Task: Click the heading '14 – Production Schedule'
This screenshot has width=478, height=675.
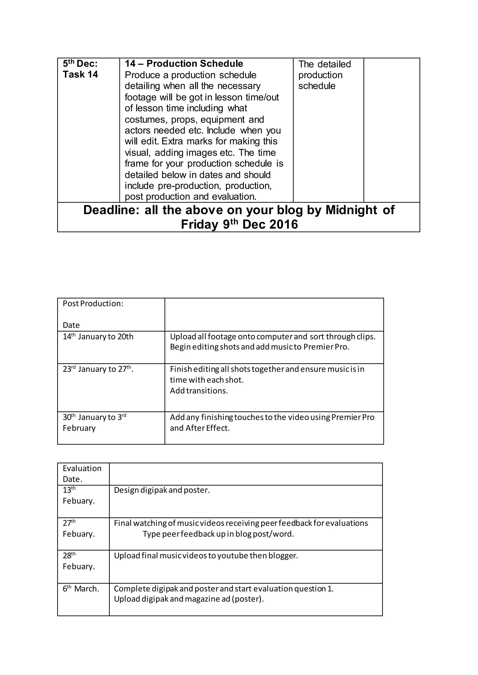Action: click(184, 64)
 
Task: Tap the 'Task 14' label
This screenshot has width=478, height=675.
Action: click(80, 75)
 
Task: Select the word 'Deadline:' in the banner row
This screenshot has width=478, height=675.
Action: click(111, 210)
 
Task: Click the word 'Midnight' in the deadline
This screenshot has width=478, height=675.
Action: click(351, 210)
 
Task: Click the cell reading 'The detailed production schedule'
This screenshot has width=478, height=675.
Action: click(324, 75)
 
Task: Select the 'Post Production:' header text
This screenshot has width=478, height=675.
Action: click(93, 304)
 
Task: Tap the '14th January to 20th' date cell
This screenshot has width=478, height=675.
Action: click(98, 337)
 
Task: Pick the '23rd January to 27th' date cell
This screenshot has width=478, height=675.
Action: click(98, 369)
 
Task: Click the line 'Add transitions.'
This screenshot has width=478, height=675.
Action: click(199, 391)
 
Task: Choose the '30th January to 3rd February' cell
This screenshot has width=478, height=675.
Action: click(94, 423)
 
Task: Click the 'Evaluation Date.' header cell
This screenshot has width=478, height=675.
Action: click(82, 474)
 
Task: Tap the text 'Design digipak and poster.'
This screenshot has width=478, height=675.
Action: click(162, 490)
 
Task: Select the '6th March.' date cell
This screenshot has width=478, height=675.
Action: click(81, 589)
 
